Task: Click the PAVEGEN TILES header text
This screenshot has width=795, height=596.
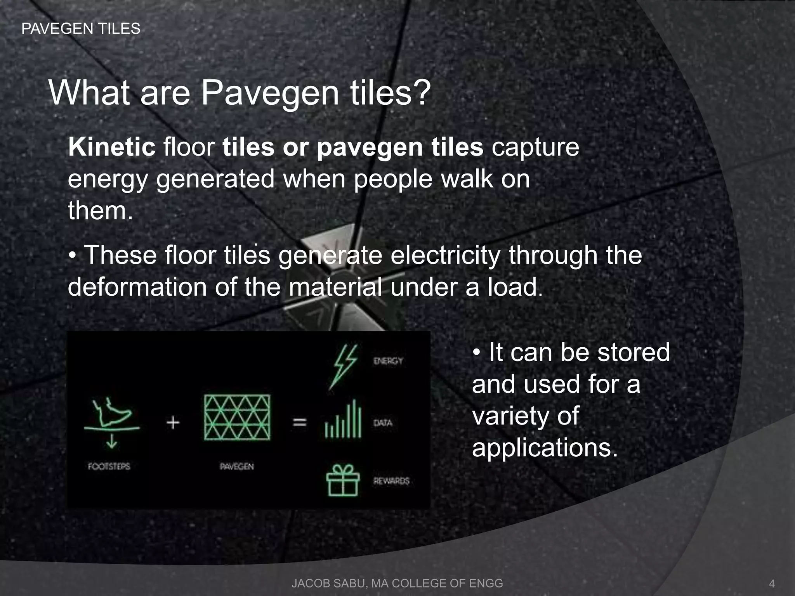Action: (81, 29)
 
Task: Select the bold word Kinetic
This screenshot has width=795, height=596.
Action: (112, 147)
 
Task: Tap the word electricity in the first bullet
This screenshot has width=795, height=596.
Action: (445, 255)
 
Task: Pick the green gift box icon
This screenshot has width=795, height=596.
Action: (343, 480)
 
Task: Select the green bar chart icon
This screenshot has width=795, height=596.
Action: (343, 419)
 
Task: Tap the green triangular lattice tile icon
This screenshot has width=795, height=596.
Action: (237, 417)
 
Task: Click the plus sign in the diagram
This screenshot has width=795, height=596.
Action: (173, 423)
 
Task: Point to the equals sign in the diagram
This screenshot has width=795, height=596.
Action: (299, 422)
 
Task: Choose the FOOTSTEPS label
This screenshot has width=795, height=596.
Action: (109, 466)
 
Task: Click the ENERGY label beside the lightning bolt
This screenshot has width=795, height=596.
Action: (388, 361)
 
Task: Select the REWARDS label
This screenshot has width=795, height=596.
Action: (391, 481)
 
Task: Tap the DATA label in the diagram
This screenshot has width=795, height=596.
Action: (383, 423)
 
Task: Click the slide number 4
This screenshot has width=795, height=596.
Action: (772, 584)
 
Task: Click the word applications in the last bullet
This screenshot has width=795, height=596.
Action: (544, 448)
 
